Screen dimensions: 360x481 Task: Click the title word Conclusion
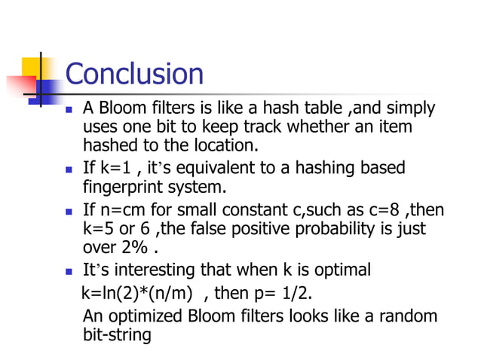pos(134,74)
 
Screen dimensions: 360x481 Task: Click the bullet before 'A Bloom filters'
pos(69,111)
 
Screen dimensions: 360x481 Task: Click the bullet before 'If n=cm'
pos(69,212)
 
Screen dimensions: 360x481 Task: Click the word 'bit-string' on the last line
pos(116,334)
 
